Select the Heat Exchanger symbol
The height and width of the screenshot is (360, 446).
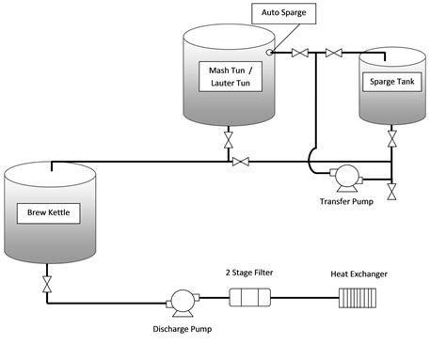pos(357,299)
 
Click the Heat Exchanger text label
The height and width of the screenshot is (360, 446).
pos(358,274)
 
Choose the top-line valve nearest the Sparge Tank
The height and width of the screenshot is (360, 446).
pos(331,53)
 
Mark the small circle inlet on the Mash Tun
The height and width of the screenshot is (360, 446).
pos(270,52)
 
